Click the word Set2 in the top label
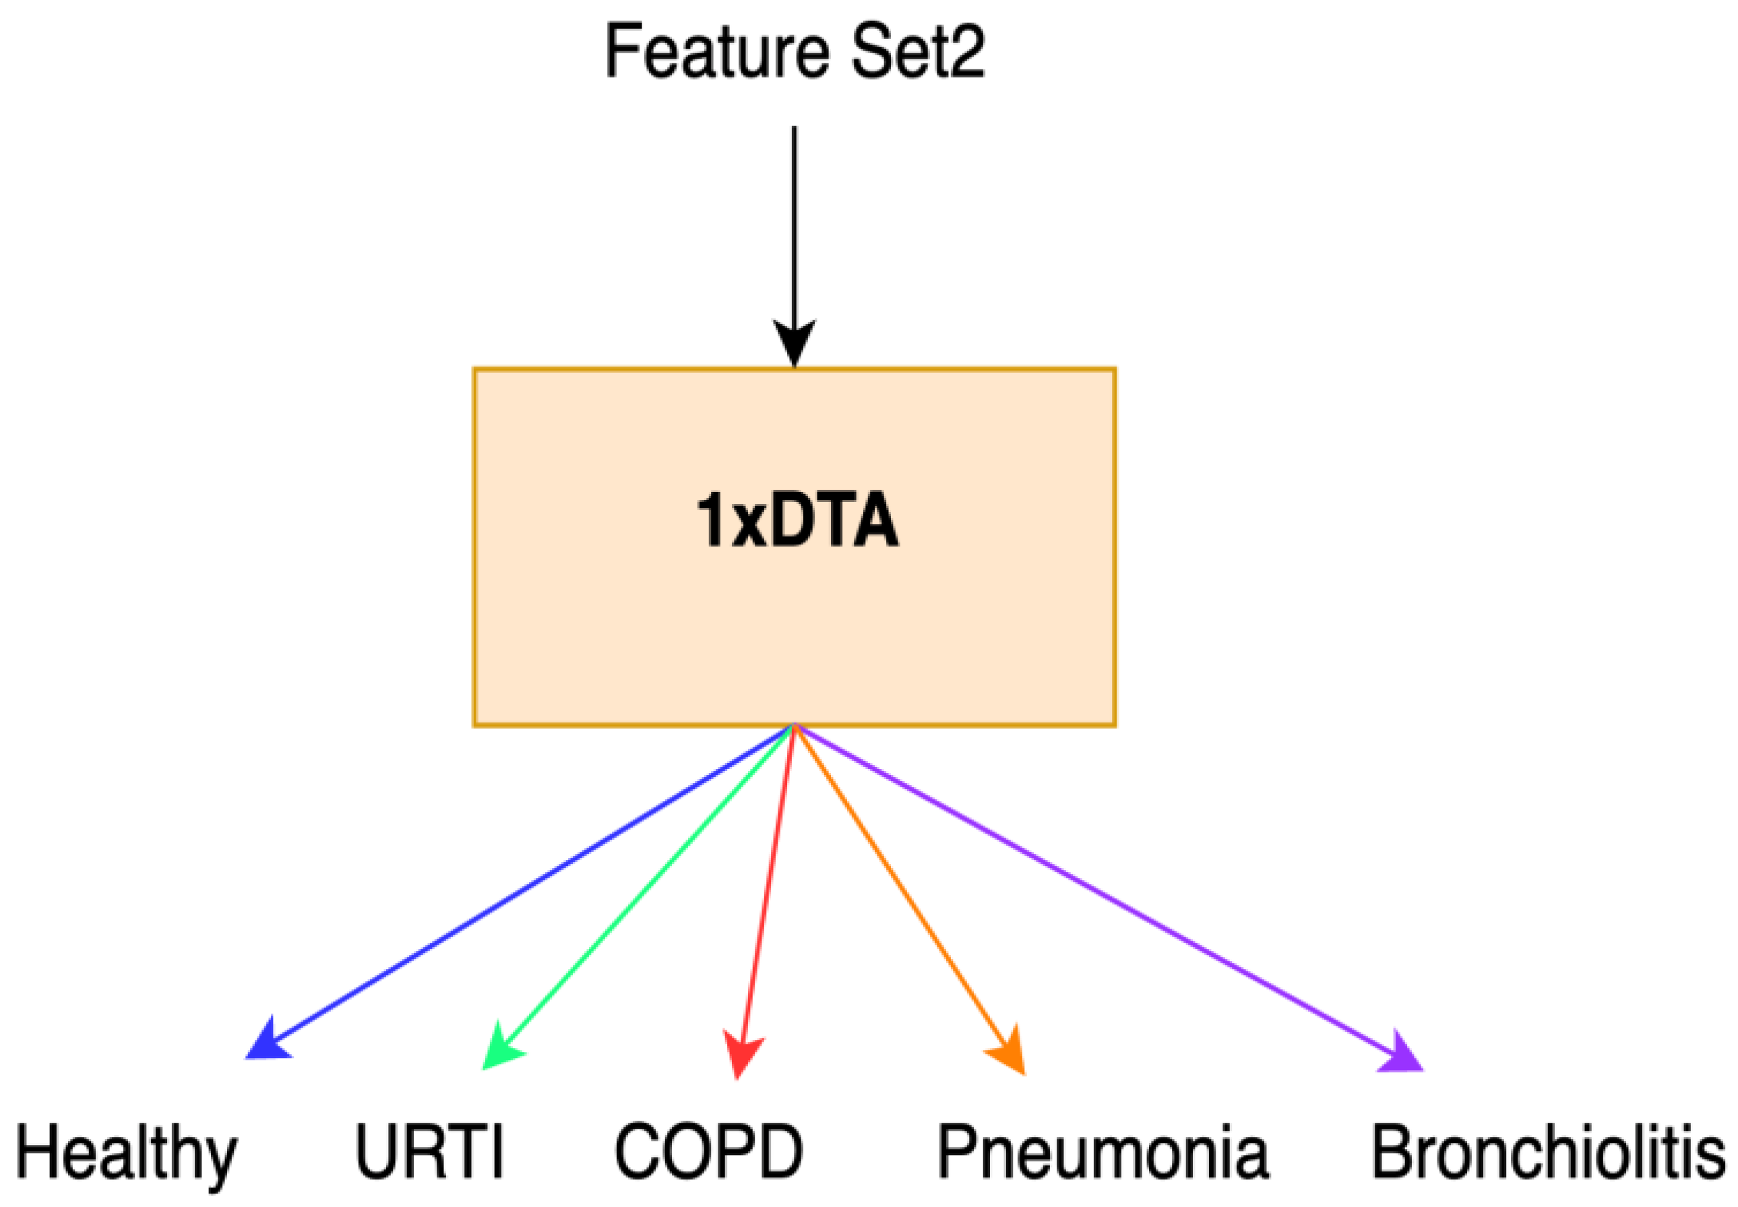click(917, 51)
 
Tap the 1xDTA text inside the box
click(797, 520)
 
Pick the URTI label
click(429, 1151)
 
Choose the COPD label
click(708, 1151)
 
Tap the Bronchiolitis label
click(1547, 1151)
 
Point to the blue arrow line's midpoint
click(530, 885)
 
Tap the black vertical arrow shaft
click(793, 227)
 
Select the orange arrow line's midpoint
click(904, 892)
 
